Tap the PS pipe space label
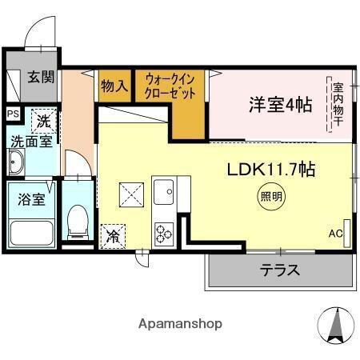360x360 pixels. (12, 114)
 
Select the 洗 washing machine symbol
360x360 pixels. (42, 121)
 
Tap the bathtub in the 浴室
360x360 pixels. (30, 233)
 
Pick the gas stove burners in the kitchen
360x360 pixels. (165, 233)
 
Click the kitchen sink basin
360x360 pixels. (165, 192)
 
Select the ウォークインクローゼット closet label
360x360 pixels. (170, 86)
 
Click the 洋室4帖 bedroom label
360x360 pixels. (279, 103)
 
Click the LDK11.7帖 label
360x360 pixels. (271, 169)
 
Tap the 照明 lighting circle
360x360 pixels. (270, 195)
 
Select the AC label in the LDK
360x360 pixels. (335, 234)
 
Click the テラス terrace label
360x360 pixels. (279, 270)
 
